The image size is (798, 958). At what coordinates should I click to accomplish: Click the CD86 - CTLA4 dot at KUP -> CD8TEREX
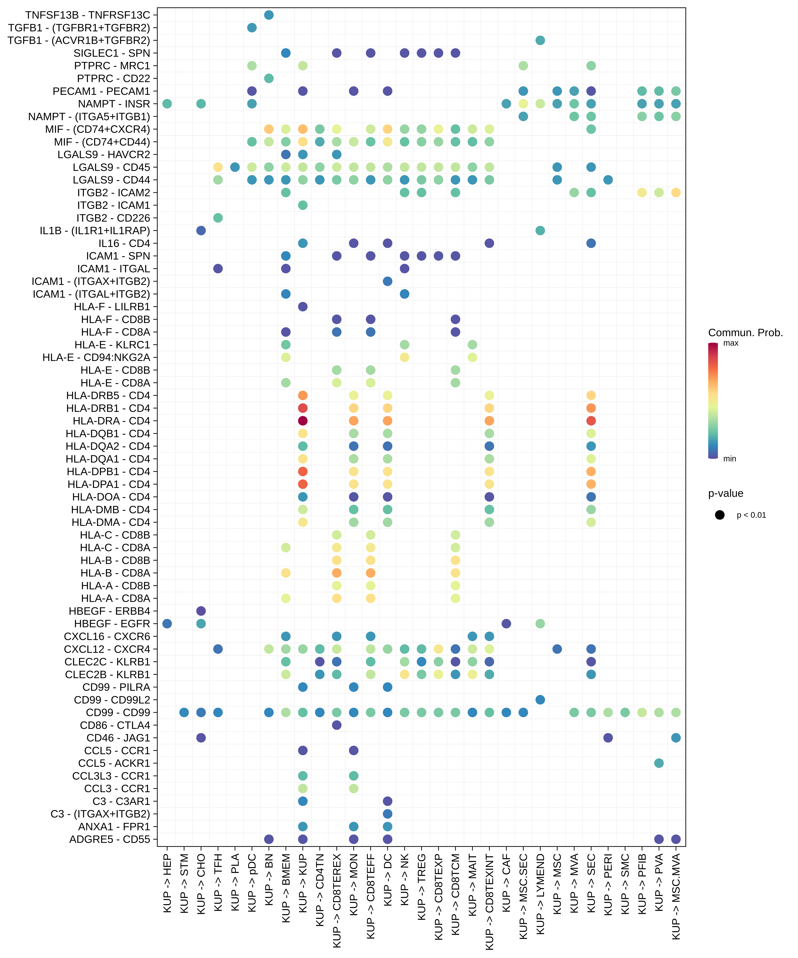point(337,725)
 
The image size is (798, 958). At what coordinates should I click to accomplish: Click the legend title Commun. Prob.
point(745,332)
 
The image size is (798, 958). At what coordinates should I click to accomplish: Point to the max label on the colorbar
point(730,343)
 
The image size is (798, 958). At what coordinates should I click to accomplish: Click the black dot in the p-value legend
point(720,515)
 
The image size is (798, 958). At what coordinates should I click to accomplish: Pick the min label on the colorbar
point(730,458)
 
